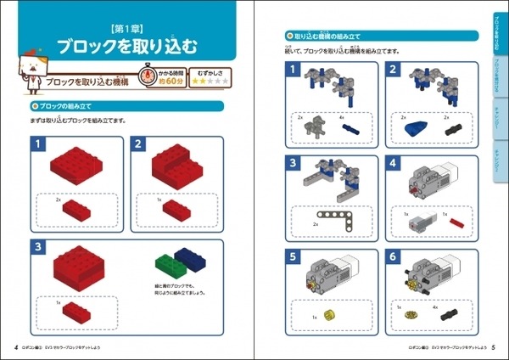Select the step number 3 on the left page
[38, 247]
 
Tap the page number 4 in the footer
[17, 347]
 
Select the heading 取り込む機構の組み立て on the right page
[327, 37]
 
